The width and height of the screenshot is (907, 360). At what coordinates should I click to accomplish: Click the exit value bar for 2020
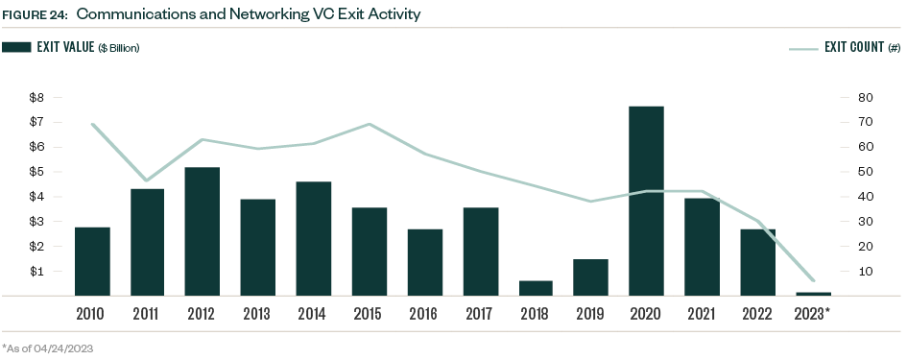click(x=646, y=201)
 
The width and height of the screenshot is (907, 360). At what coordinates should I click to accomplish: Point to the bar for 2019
click(x=590, y=277)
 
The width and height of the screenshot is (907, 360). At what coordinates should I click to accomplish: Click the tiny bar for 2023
click(x=812, y=294)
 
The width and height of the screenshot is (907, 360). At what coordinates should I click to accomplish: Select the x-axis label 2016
click(x=424, y=313)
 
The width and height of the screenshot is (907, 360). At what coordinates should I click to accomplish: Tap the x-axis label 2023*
click(x=814, y=313)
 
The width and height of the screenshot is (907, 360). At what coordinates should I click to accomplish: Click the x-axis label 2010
click(x=92, y=313)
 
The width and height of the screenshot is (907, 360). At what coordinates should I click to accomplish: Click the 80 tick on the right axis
click(x=865, y=98)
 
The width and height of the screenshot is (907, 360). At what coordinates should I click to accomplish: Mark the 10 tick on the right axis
click(x=865, y=272)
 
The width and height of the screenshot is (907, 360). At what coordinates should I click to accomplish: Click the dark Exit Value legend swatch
click(x=16, y=46)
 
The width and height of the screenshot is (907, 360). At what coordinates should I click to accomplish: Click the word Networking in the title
click(x=222, y=15)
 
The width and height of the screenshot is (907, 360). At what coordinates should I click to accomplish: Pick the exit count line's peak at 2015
click(x=370, y=124)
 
